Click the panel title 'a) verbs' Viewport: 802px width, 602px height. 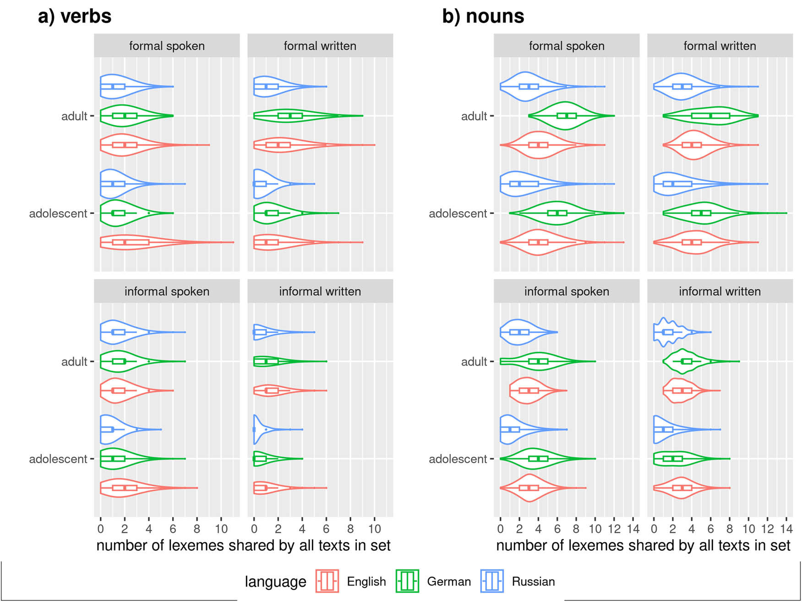pyautogui.click(x=75, y=16)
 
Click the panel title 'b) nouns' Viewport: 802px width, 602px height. pyautogui.click(x=483, y=16)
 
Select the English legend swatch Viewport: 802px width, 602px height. pyautogui.click(x=327, y=581)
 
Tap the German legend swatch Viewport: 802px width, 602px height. pyautogui.click(x=407, y=581)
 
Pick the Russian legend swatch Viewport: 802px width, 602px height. pyautogui.click(x=492, y=581)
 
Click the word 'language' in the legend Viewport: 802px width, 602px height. pyautogui.click(x=275, y=581)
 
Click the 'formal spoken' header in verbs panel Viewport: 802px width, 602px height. pyautogui.click(x=167, y=46)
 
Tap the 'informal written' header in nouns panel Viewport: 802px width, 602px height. pyautogui.click(x=720, y=291)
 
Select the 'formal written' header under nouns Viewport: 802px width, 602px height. pyautogui.click(x=720, y=46)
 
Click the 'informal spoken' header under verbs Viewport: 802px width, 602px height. pyautogui.click(x=167, y=291)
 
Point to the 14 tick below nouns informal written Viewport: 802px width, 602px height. pyautogui.click(x=786, y=529)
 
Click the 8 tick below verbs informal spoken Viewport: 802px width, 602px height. pyautogui.click(x=197, y=529)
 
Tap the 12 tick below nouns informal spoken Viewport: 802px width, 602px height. pyautogui.click(x=614, y=529)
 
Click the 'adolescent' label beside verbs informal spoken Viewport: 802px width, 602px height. pyautogui.click(x=58, y=459)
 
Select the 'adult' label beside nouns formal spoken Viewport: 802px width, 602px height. pyautogui.click(x=474, y=116)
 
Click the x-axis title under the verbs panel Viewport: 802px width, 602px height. pyautogui.click(x=243, y=545)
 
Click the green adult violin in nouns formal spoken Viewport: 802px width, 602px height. pyautogui.click(x=566, y=115)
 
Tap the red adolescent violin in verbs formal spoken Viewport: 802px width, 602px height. pyautogui.click(x=137, y=242)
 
